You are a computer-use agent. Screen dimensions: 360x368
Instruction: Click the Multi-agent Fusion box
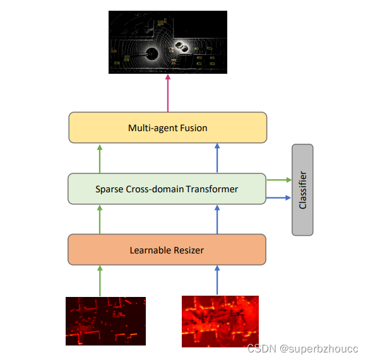coord(167,128)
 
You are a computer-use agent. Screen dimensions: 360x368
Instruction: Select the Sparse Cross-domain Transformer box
coord(167,189)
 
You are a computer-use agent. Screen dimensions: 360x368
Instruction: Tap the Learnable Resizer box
coord(167,250)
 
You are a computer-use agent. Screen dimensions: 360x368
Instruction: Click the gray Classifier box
coord(302,190)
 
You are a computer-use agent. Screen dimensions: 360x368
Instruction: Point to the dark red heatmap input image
coord(105,321)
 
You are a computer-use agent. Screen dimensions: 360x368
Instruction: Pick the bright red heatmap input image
coord(220,322)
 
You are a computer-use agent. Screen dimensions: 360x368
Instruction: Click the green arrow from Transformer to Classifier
coord(278,180)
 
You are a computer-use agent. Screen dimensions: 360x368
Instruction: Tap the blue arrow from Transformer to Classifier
coord(278,199)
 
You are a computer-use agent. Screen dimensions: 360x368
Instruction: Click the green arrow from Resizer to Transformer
coord(100,219)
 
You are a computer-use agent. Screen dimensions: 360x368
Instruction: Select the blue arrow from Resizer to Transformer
coord(217,219)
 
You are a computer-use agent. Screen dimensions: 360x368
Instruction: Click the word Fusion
coord(193,128)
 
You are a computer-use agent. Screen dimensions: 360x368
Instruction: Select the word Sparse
coord(109,189)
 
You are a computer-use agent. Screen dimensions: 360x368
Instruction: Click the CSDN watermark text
coord(302,349)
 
